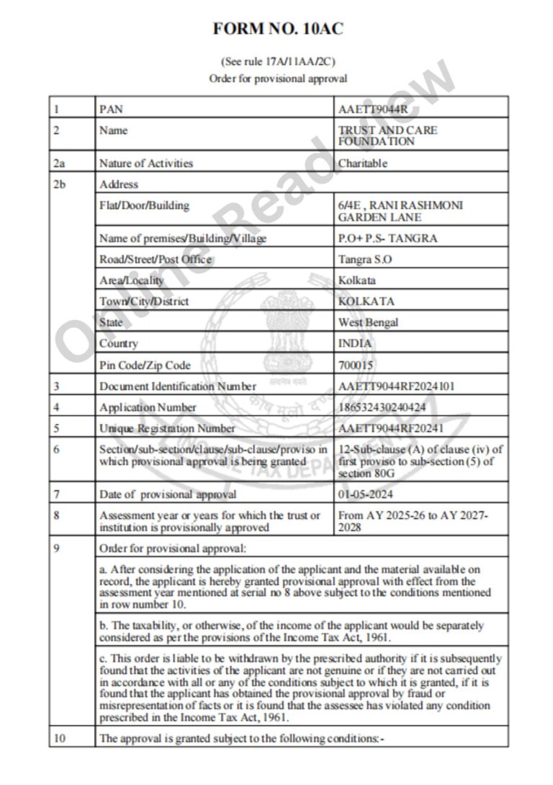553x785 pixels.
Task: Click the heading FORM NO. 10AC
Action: click(278, 29)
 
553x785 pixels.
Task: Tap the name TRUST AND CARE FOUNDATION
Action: click(387, 136)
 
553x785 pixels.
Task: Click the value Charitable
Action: click(363, 164)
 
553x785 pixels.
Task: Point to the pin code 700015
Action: click(356, 365)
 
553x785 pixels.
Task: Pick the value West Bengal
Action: click(368, 322)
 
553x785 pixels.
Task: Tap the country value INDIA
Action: click(355, 344)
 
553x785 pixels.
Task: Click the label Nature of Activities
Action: click(146, 164)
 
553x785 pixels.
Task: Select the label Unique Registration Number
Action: click(168, 429)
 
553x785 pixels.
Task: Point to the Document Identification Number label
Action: click(178, 386)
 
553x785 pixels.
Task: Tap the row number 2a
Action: click(59, 164)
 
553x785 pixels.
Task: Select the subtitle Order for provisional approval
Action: click(278, 79)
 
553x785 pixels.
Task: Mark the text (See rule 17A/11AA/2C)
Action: click(278, 62)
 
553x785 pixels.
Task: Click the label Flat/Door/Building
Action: click(144, 205)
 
